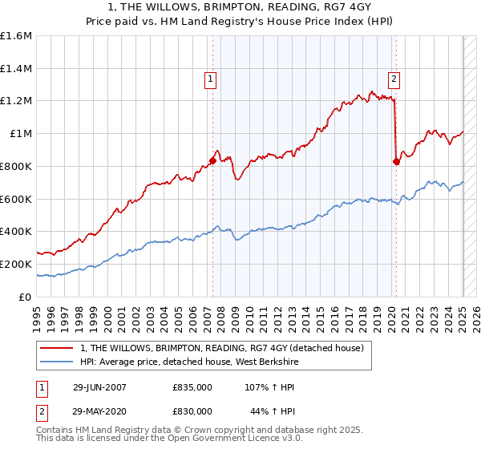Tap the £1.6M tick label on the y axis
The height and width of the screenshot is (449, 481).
click(16, 35)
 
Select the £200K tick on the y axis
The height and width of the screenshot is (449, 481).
click(16, 264)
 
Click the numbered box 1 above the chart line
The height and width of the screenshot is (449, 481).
click(209, 79)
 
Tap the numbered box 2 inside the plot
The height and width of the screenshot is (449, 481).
click(395, 79)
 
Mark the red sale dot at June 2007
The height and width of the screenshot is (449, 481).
click(212, 160)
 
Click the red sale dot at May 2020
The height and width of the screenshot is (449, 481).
click(396, 161)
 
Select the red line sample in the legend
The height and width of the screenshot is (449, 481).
click(56, 348)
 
